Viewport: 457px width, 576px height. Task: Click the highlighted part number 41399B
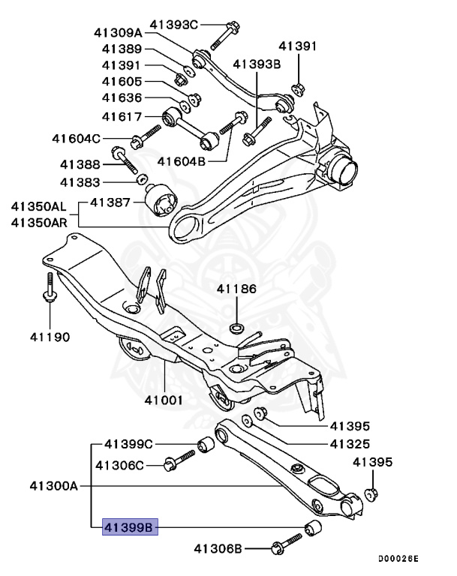click(129, 529)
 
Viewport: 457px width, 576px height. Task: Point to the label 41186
click(236, 288)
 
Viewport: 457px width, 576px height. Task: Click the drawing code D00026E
click(398, 559)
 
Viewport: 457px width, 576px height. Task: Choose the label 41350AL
click(38, 205)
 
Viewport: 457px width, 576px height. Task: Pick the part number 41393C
click(173, 25)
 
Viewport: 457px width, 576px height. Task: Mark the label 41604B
click(182, 160)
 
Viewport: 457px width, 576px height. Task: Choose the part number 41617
click(122, 115)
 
